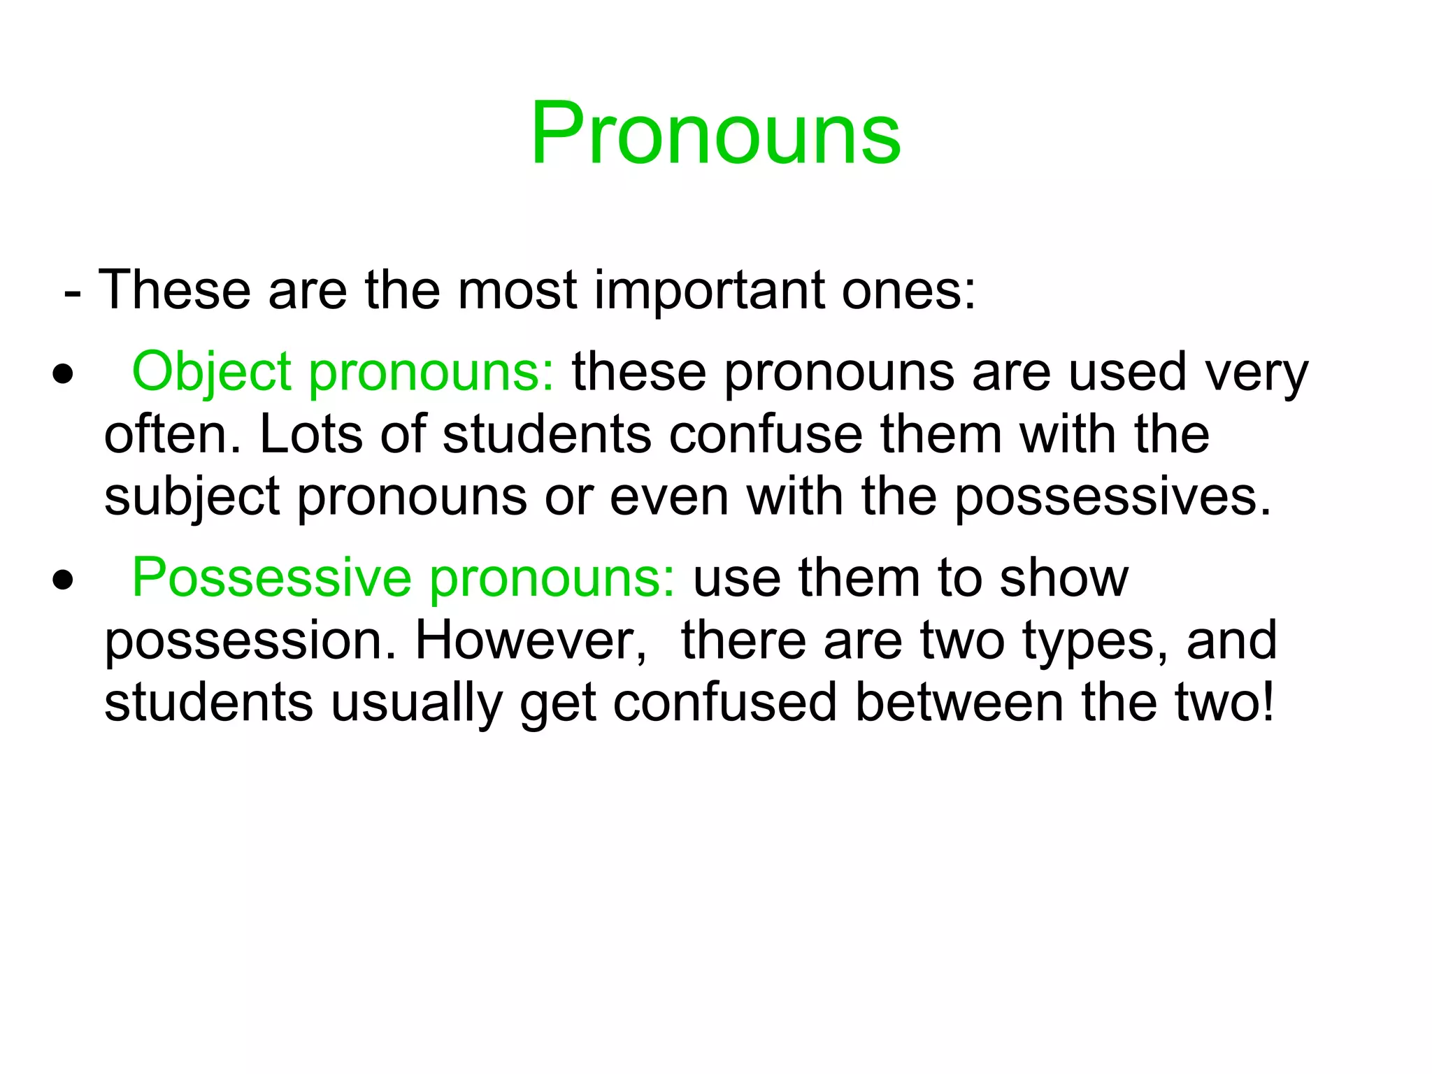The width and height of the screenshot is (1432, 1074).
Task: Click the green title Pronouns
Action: [715, 134]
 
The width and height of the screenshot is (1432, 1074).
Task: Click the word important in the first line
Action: [709, 290]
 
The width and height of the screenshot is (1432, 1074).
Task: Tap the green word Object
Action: [211, 372]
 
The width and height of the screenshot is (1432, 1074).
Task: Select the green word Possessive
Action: [271, 578]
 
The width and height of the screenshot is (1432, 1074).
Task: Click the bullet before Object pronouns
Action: [63, 374]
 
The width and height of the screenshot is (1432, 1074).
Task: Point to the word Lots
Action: [310, 434]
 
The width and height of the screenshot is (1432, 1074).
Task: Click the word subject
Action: [192, 497]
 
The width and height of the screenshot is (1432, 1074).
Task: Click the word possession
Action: [250, 642]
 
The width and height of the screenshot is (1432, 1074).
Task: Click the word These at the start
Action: [174, 290]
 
